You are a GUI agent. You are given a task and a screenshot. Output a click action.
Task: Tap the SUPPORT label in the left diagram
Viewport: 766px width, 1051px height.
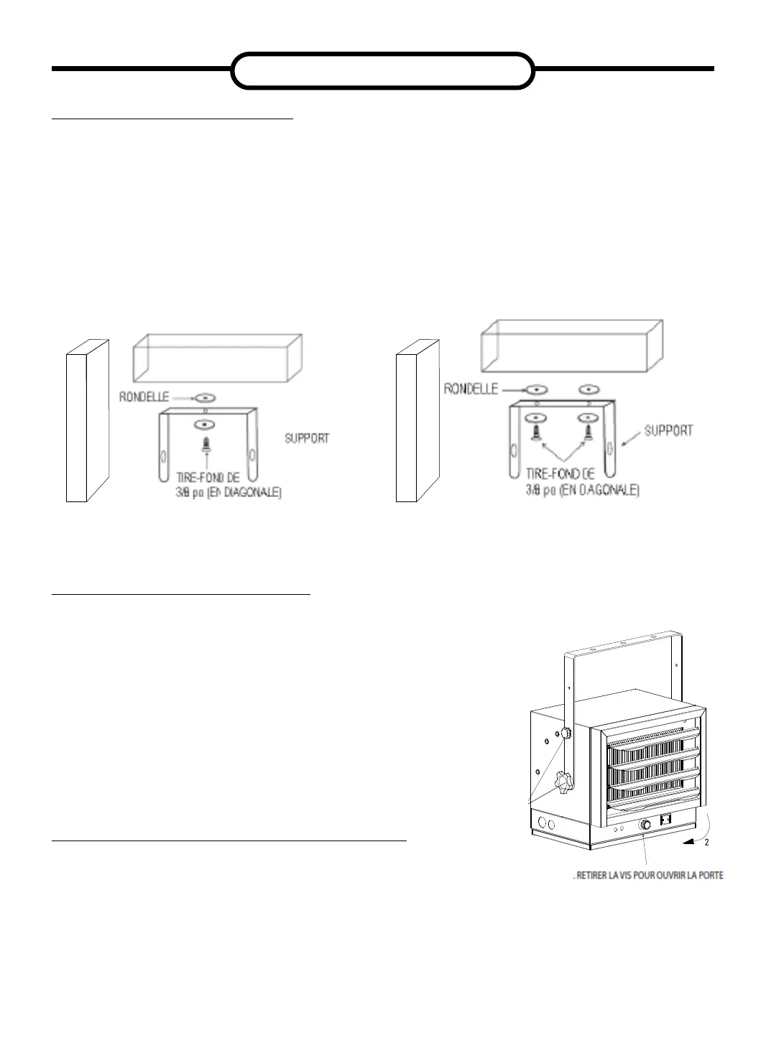[x=307, y=438]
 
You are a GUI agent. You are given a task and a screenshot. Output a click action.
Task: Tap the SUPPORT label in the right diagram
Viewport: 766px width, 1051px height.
[x=668, y=431]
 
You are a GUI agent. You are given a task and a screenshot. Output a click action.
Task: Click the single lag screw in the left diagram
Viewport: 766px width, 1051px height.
[x=206, y=443]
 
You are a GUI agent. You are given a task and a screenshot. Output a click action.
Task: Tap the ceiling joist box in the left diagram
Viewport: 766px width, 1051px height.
[x=216, y=358]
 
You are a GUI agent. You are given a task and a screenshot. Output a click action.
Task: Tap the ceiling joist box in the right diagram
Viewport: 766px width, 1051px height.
[x=571, y=348]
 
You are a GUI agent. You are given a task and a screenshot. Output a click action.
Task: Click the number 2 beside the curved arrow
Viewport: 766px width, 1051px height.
[x=706, y=843]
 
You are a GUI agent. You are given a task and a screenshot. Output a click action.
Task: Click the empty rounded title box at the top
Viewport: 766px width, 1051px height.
[x=383, y=70]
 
